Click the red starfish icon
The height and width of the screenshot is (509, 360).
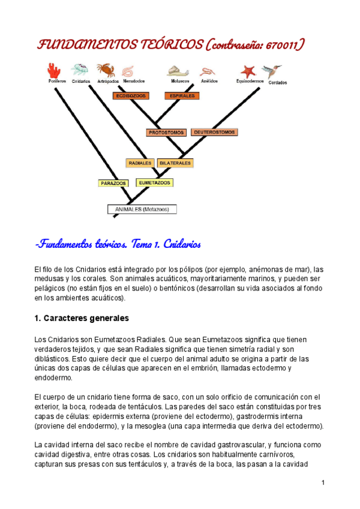(x=248, y=71)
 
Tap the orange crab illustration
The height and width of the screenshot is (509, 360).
(x=106, y=70)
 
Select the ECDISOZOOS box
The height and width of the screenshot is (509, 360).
(x=131, y=95)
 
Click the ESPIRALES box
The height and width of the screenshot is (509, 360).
(x=181, y=95)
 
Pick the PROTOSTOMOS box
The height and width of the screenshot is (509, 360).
(x=166, y=132)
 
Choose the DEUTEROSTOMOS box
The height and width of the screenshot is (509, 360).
(x=214, y=132)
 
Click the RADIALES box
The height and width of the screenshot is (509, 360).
(x=140, y=163)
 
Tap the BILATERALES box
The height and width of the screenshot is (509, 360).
(x=175, y=163)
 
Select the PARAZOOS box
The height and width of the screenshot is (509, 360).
(x=113, y=182)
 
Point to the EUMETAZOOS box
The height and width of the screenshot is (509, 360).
(x=154, y=182)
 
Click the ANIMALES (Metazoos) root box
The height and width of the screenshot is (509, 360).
(x=142, y=209)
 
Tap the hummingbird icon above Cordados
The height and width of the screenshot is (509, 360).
(x=275, y=72)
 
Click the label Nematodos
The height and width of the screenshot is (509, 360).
(x=133, y=81)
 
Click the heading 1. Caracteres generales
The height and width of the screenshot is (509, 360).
(x=82, y=318)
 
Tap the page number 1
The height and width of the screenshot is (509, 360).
(x=323, y=483)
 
